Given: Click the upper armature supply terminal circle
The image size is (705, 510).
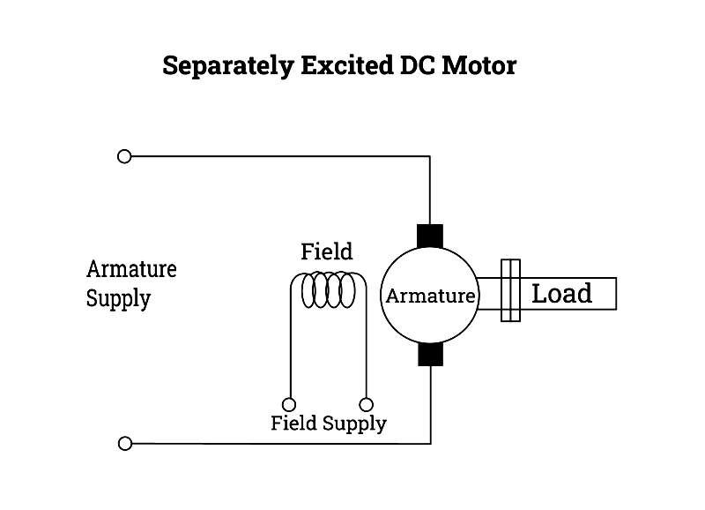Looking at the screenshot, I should coord(124,156).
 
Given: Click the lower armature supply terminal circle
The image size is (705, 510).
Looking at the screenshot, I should coord(124,443).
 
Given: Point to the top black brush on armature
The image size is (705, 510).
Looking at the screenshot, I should coord(429,236).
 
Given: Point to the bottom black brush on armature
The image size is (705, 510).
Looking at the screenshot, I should coord(429,354).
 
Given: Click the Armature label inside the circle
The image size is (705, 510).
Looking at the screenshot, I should coord(430,296).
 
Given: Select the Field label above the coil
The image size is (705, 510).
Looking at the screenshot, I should coord(326,251).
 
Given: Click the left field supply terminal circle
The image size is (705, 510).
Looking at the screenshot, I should coord(288,404).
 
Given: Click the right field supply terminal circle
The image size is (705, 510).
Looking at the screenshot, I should coord(366,404).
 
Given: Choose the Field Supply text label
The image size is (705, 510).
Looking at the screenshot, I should coord(328,424).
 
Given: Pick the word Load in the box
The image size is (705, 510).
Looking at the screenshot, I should coord(561,293).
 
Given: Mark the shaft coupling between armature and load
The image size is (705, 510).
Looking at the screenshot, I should coord(510,290).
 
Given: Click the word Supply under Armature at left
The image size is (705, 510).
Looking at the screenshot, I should coord(118,299).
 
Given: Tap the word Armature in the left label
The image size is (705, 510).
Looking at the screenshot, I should coord(131,269).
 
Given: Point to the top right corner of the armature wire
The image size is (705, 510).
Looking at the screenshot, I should coord(429,156).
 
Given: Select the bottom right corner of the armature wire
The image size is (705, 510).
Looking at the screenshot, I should coord(429,443).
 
